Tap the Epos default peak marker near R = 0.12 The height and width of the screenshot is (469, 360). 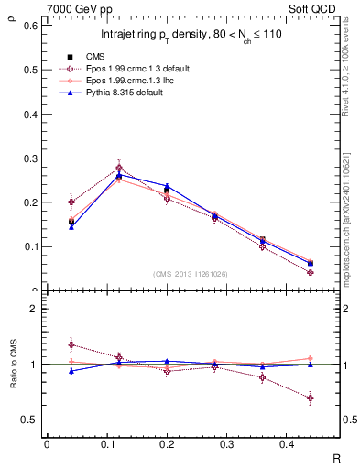click(119, 168)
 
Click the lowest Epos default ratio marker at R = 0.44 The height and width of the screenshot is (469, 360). click(311, 398)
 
